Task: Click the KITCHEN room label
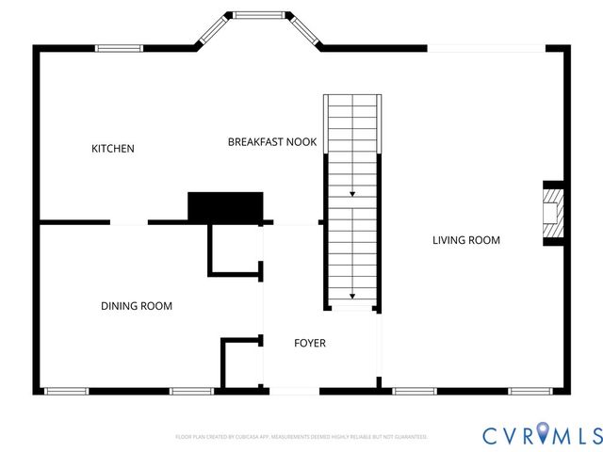tap(112, 149)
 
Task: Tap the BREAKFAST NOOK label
tap(271, 142)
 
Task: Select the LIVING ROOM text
tap(465, 240)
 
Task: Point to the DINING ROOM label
tap(137, 306)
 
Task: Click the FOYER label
tap(309, 344)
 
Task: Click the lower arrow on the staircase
tap(352, 291)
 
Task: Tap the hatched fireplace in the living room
tap(555, 214)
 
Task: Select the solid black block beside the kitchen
tap(225, 206)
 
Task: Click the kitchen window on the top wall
tap(120, 48)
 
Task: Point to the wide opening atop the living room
tap(486, 48)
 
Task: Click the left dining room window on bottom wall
tap(67, 391)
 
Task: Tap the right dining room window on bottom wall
tap(191, 391)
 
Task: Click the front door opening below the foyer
tap(295, 391)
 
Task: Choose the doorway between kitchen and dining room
tap(129, 223)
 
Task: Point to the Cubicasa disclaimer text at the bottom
tap(301, 437)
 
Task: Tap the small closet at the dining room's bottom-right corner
tap(241, 363)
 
